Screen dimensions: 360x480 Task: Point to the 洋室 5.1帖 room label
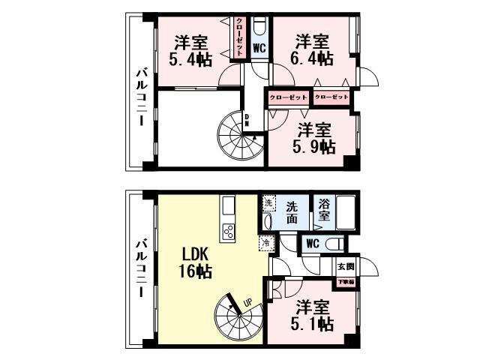[x=313, y=316]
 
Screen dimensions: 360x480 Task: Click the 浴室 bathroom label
[x=324, y=208]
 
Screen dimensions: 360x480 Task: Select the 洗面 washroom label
[x=294, y=209]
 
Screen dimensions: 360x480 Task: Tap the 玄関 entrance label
[x=345, y=266]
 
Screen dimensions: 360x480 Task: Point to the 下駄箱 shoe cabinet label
[x=345, y=282]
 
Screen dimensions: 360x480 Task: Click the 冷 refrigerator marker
[x=265, y=242]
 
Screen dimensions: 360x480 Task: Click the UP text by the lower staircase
[x=246, y=302]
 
